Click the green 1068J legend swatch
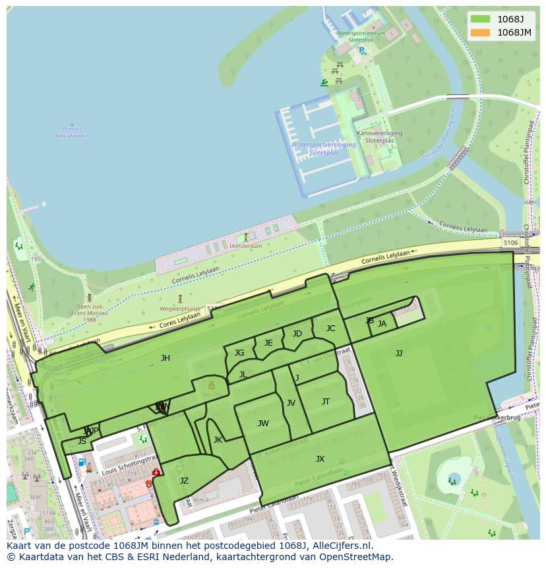click(481, 19)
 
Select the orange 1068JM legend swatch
click(481, 32)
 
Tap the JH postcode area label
click(165, 358)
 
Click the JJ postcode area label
click(399, 354)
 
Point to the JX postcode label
click(320, 459)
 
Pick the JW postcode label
click(263, 424)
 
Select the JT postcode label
click(326, 402)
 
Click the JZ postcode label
click(184, 481)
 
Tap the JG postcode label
click(239, 353)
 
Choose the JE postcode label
click(268, 343)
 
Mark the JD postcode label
click(297, 334)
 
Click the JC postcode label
click(330, 329)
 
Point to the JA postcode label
click(382, 324)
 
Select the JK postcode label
click(218, 440)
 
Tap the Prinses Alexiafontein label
click(71, 133)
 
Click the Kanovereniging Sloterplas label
click(379, 137)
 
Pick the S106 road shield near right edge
click(510, 243)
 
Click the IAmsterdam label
click(245, 246)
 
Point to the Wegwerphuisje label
click(179, 308)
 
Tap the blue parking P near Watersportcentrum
click(362, 51)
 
